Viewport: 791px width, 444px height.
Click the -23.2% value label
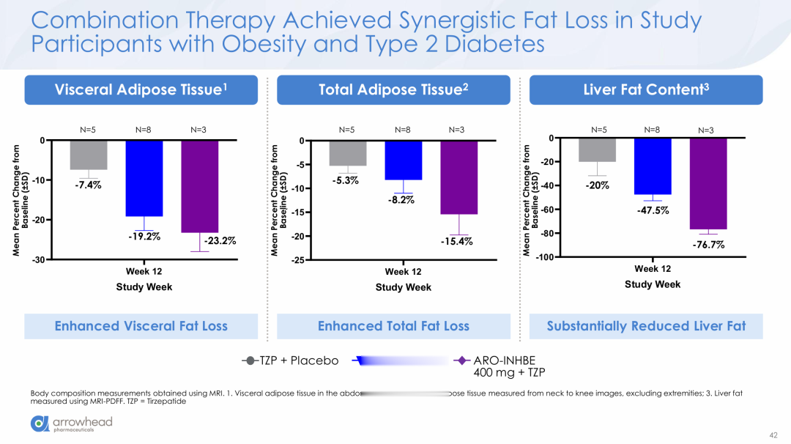220,241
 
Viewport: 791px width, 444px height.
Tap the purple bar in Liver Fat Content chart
708,184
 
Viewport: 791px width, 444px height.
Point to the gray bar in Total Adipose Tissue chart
348,153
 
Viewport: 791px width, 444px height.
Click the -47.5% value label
653,210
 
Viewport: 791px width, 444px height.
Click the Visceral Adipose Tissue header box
141,90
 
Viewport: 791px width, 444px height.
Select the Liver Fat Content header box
646,90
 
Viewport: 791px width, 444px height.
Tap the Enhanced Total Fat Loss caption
393,326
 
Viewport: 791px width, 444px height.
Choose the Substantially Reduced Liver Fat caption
646,326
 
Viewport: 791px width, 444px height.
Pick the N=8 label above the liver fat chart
653,130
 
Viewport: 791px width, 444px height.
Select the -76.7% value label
708,245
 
